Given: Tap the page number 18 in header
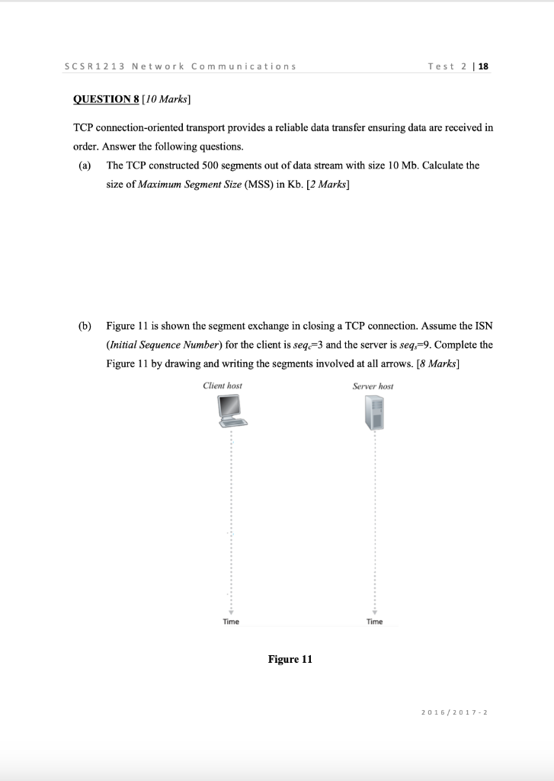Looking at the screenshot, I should point(483,66).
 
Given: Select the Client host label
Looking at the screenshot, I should point(223,386).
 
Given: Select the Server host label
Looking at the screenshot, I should point(373,386).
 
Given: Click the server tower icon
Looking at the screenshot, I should point(373,414).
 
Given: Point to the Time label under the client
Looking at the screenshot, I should point(231,622).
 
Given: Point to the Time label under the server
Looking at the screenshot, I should point(374,622).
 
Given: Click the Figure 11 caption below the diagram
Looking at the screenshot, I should point(290,659).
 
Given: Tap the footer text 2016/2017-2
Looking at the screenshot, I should point(454,712).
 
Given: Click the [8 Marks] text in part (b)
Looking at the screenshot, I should point(437,363).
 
